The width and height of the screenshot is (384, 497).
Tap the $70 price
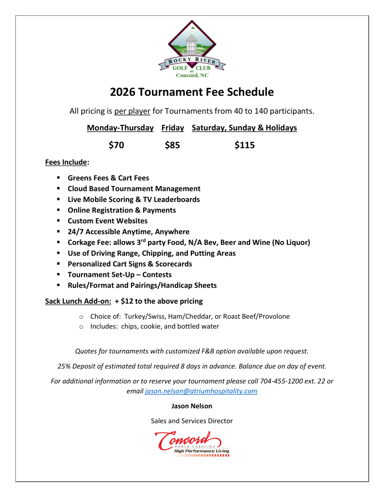point(117,145)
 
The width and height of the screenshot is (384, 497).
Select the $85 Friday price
point(172,145)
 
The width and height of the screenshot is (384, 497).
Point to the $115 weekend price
point(244,145)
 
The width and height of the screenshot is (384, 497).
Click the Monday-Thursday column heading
point(120,128)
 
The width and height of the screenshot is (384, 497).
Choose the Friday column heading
point(172,128)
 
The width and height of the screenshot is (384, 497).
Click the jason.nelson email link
point(201,391)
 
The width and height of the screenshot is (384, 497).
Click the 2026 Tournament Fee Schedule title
point(192,92)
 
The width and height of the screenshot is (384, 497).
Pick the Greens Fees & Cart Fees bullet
point(108,178)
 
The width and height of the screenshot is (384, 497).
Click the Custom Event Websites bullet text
point(107,221)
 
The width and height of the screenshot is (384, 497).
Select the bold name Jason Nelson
point(192,406)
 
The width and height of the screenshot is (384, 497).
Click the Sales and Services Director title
point(192,421)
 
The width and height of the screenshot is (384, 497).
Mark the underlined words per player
point(132,111)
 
